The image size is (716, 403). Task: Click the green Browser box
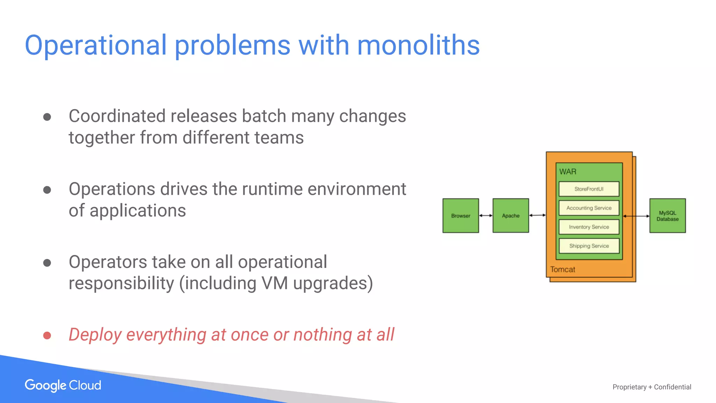(x=460, y=215)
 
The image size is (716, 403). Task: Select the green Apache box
(x=510, y=215)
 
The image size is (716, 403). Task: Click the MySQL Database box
(x=667, y=215)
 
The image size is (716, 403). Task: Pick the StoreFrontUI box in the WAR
(x=589, y=189)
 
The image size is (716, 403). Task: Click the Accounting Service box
(x=589, y=208)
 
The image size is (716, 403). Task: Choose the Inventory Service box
(x=589, y=227)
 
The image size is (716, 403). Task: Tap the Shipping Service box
(x=589, y=246)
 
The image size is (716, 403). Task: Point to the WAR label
(x=568, y=172)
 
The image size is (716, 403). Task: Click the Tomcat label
(x=563, y=269)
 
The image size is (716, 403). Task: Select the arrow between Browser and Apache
(x=486, y=215)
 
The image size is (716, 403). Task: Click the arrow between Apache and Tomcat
(x=537, y=215)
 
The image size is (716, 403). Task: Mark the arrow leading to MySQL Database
(x=636, y=216)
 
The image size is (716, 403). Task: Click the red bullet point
(x=47, y=335)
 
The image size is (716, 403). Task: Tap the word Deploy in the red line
(x=95, y=335)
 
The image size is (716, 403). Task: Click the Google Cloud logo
(x=63, y=385)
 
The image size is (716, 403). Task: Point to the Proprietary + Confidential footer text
(x=652, y=387)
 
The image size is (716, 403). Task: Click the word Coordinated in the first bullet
(x=117, y=116)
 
